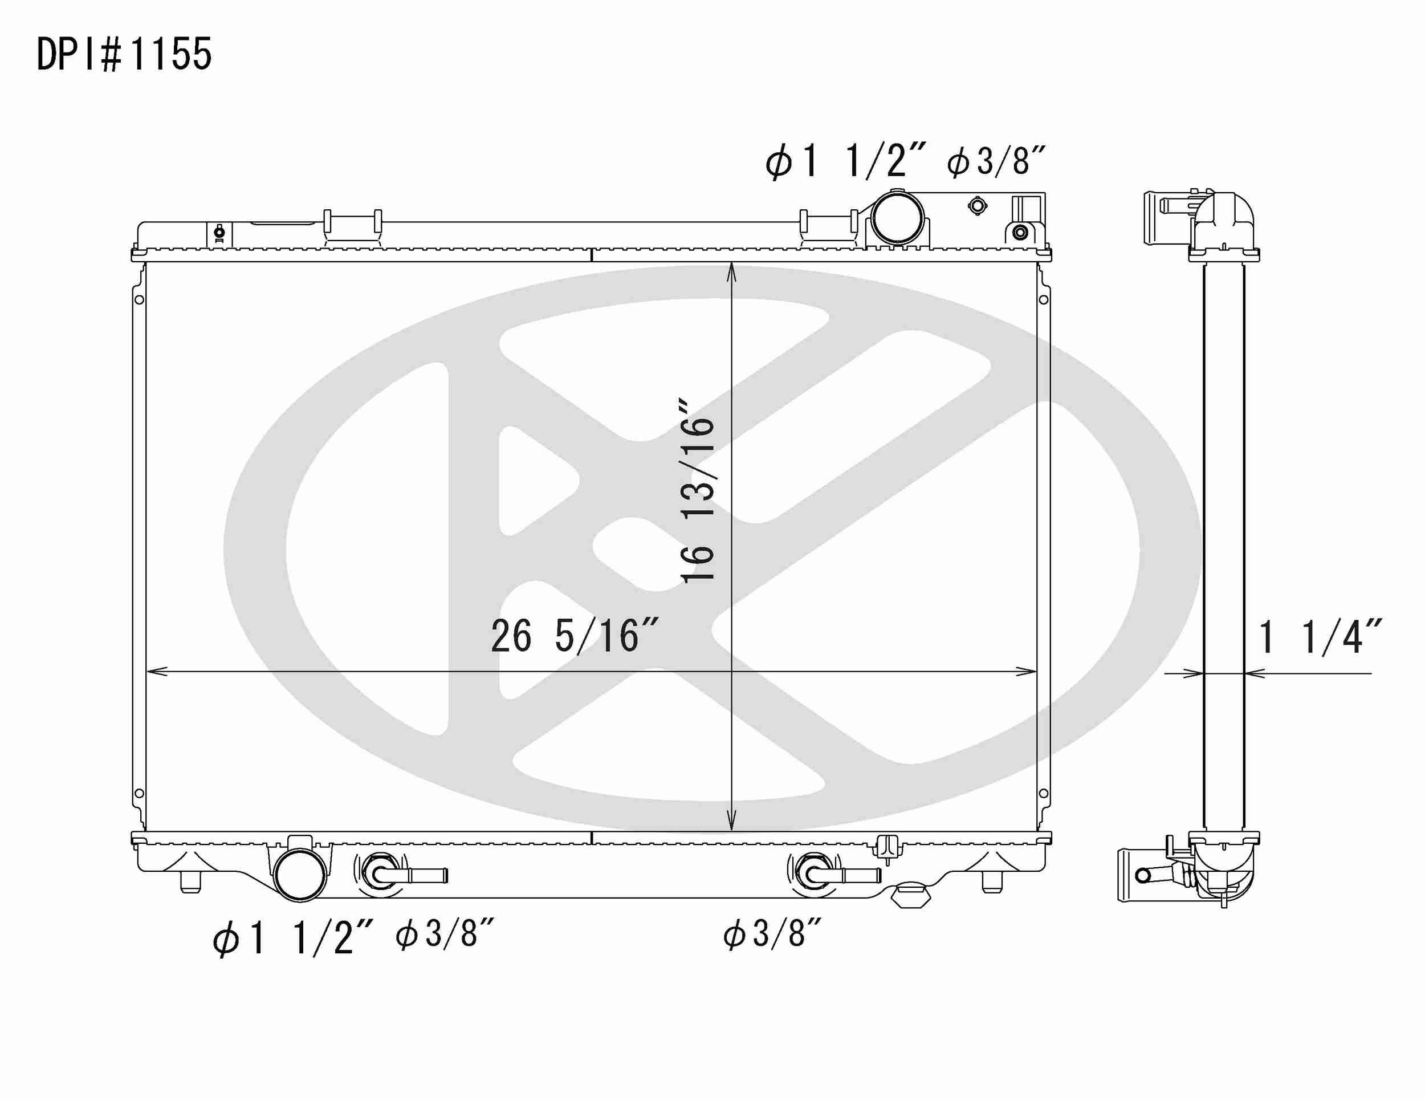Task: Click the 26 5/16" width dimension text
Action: click(574, 636)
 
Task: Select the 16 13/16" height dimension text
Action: click(698, 489)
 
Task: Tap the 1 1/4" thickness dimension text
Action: click(1318, 637)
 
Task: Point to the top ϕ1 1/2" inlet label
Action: click(845, 161)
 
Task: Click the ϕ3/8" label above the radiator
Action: click(996, 161)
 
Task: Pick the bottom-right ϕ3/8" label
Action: click(772, 934)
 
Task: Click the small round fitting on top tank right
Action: click(977, 206)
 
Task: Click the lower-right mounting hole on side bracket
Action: click(1043, 794)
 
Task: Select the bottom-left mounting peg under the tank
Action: click(190, 883)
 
